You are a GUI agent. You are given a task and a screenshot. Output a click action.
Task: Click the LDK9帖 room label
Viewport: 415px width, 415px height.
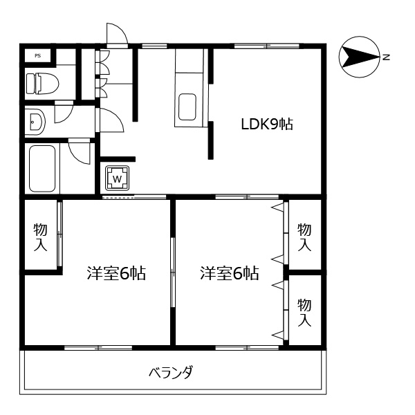pos(267,124)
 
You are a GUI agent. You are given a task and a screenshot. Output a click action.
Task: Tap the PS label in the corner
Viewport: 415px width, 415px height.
pos(37,55)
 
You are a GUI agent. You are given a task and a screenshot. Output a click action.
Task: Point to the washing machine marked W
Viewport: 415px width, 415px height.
pos(117,178)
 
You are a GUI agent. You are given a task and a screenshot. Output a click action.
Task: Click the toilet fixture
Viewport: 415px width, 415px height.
pos(41,84)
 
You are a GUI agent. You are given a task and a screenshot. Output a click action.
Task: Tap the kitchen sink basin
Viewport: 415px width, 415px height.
pos(189,107)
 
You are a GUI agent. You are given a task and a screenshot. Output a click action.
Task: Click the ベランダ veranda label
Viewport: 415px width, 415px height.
pos(171,373)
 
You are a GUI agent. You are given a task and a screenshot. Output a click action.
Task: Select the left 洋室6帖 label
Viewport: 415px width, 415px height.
pos(116,273)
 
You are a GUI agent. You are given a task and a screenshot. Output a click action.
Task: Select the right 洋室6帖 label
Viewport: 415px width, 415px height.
pos(230,273)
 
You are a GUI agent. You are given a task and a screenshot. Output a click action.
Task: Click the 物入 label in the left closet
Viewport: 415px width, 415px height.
pos(40,237)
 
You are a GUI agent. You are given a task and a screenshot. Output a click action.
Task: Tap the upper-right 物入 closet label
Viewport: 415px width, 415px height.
pos(304,237)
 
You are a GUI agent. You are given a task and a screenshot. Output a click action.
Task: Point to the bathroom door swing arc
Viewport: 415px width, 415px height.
pos(80,151)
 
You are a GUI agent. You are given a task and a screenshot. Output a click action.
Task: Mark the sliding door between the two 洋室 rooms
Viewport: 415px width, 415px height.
pos(172,273)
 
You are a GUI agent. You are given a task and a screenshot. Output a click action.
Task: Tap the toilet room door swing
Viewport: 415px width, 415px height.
pos(64,111)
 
